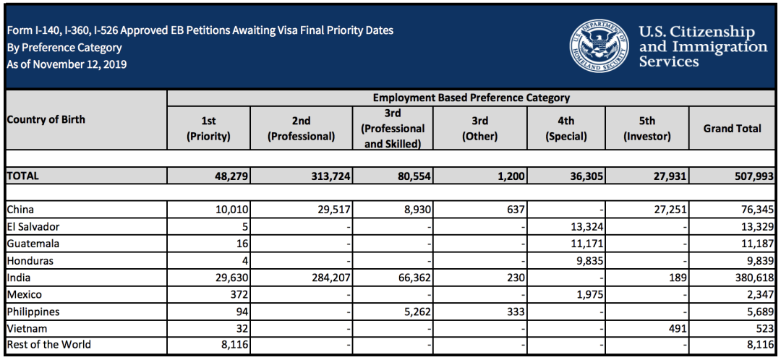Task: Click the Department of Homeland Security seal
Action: [599, 45]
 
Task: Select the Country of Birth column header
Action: [46, 119]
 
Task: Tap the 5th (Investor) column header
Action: [647, 129]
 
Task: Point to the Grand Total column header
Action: [732, 129]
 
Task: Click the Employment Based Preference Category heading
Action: [471, 98]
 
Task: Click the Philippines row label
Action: [33, 312]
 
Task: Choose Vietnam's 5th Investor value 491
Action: [675, 328]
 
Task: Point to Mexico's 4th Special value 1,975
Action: [585, 294]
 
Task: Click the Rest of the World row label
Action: [48, 345]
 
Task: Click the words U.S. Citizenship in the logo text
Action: [696, 33]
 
